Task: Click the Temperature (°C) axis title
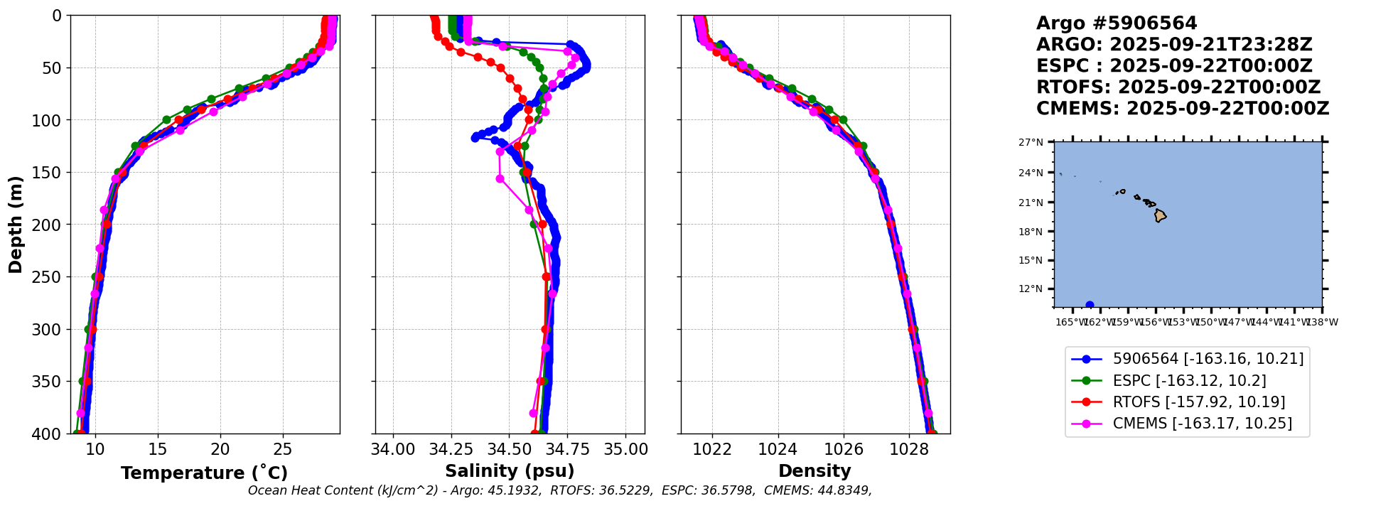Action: (204, 473)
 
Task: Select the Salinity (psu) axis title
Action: (510, 471)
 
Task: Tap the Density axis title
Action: (814, 471)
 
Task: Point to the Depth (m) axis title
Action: (16, 225)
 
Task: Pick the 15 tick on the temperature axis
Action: (158, 449)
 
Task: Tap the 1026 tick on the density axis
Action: (844, 449)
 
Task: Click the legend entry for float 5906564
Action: (1208, 360)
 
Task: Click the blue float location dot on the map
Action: (1090, 305)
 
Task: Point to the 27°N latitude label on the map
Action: (1031, 143)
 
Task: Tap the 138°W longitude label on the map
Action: (1322, 323)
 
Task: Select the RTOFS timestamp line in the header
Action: (1178, 87)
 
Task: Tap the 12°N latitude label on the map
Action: (1031, 289)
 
